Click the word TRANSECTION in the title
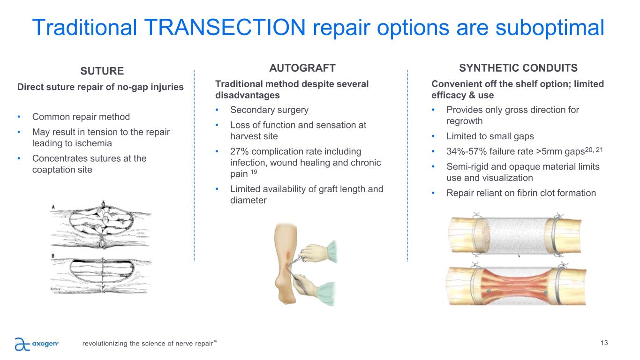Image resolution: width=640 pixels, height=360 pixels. pyautogui.click(x=225, y=28)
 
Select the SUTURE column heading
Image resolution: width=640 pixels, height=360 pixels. pyautogui.click(x=102, y=71)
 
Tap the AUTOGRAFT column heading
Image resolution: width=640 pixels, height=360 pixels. pyautogui.click(x=302, y=68)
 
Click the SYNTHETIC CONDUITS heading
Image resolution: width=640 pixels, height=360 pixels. pyautogui.click(x=518, y=68)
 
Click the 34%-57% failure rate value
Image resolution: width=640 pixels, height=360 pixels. pyautogui.click(x=467, y=151)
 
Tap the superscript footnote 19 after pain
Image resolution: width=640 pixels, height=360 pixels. pyautogui.click(x=254, y=172)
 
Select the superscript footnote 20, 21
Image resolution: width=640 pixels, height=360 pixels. pyautogui.click(x=594, y=150)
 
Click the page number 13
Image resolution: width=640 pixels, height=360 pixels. pyautogui.click(x=604, y=343)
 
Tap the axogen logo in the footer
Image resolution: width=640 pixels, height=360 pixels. pyautogui.click(x=36, y=344)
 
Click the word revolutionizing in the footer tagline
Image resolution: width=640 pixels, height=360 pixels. pyautogui.click(x=105, y=344)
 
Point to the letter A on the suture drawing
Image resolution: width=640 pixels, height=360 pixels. pyautogui.click(x=53, y=207)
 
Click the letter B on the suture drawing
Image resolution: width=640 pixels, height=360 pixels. pyautogui.click(x=53, y=256)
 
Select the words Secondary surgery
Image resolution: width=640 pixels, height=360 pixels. pyautogui.click(x=269, y=110)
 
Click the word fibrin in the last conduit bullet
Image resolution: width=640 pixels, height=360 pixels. pyautogui.click(x=530, y=193)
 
